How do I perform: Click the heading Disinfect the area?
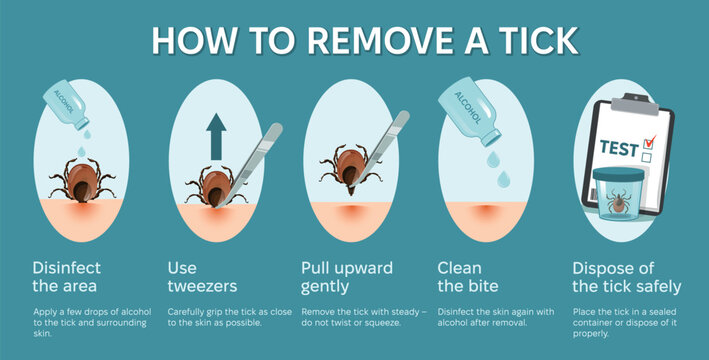tap(66, 277)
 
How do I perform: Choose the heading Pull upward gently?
tap(346, 277)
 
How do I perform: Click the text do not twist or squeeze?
tap(350, 322)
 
